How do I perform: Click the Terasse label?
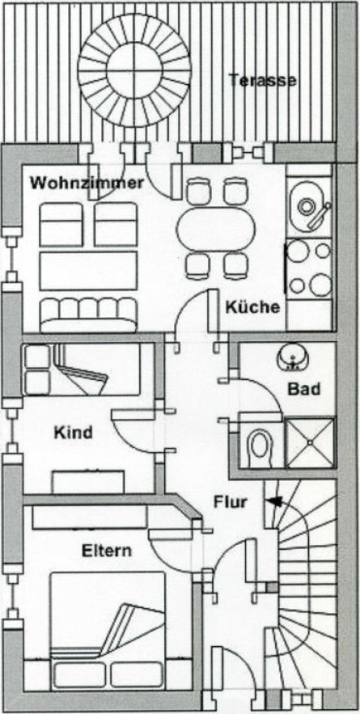point(262,80)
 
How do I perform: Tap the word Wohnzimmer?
point(87,183)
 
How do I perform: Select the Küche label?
point(252,307)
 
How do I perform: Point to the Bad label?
point(304,389)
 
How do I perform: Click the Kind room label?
point(74,432)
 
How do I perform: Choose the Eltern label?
point(106,551)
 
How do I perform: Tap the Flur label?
point(231,502)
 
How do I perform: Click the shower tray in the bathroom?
point(310,442)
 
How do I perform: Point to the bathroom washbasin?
point(290,358)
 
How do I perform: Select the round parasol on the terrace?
point(134,70)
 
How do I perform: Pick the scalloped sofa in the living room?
point(88,315)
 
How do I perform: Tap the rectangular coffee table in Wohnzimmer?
point(88,271)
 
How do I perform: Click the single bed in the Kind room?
point(82,370)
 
